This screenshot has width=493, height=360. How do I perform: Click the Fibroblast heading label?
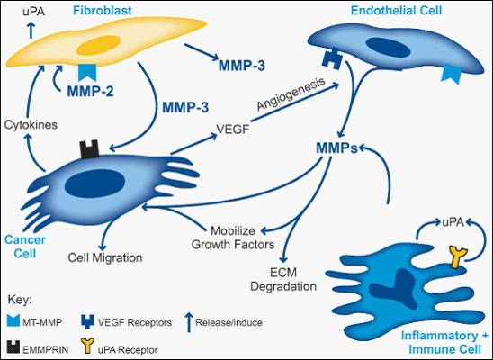(103, 11)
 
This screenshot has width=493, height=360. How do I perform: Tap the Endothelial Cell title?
(396, 11)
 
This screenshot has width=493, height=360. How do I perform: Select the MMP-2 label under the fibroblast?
(90, 92)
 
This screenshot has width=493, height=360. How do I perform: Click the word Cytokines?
(31, 125)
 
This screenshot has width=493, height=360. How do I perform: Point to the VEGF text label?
(233, 129)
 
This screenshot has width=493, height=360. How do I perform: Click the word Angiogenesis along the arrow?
(291, 94)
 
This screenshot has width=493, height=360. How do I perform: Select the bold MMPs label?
(337, 148)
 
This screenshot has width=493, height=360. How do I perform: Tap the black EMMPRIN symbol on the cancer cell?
(90, 149)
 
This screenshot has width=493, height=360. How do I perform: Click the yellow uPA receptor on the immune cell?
(459, 257)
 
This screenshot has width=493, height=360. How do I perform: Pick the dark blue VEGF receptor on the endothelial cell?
(332, 58)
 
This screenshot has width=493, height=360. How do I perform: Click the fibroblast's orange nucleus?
(98, 45)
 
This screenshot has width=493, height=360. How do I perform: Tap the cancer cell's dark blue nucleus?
(94, 184)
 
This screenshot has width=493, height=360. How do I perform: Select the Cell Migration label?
(105, 257)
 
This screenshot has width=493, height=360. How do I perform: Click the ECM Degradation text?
(283, 279)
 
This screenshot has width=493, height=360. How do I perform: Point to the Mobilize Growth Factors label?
(233, 238)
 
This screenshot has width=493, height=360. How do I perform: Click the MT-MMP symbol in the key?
(13, 320)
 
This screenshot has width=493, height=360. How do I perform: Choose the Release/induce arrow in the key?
(189, 322)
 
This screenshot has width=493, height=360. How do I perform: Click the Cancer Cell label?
(25, 247)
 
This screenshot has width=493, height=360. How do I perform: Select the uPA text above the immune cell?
(453, 222)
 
